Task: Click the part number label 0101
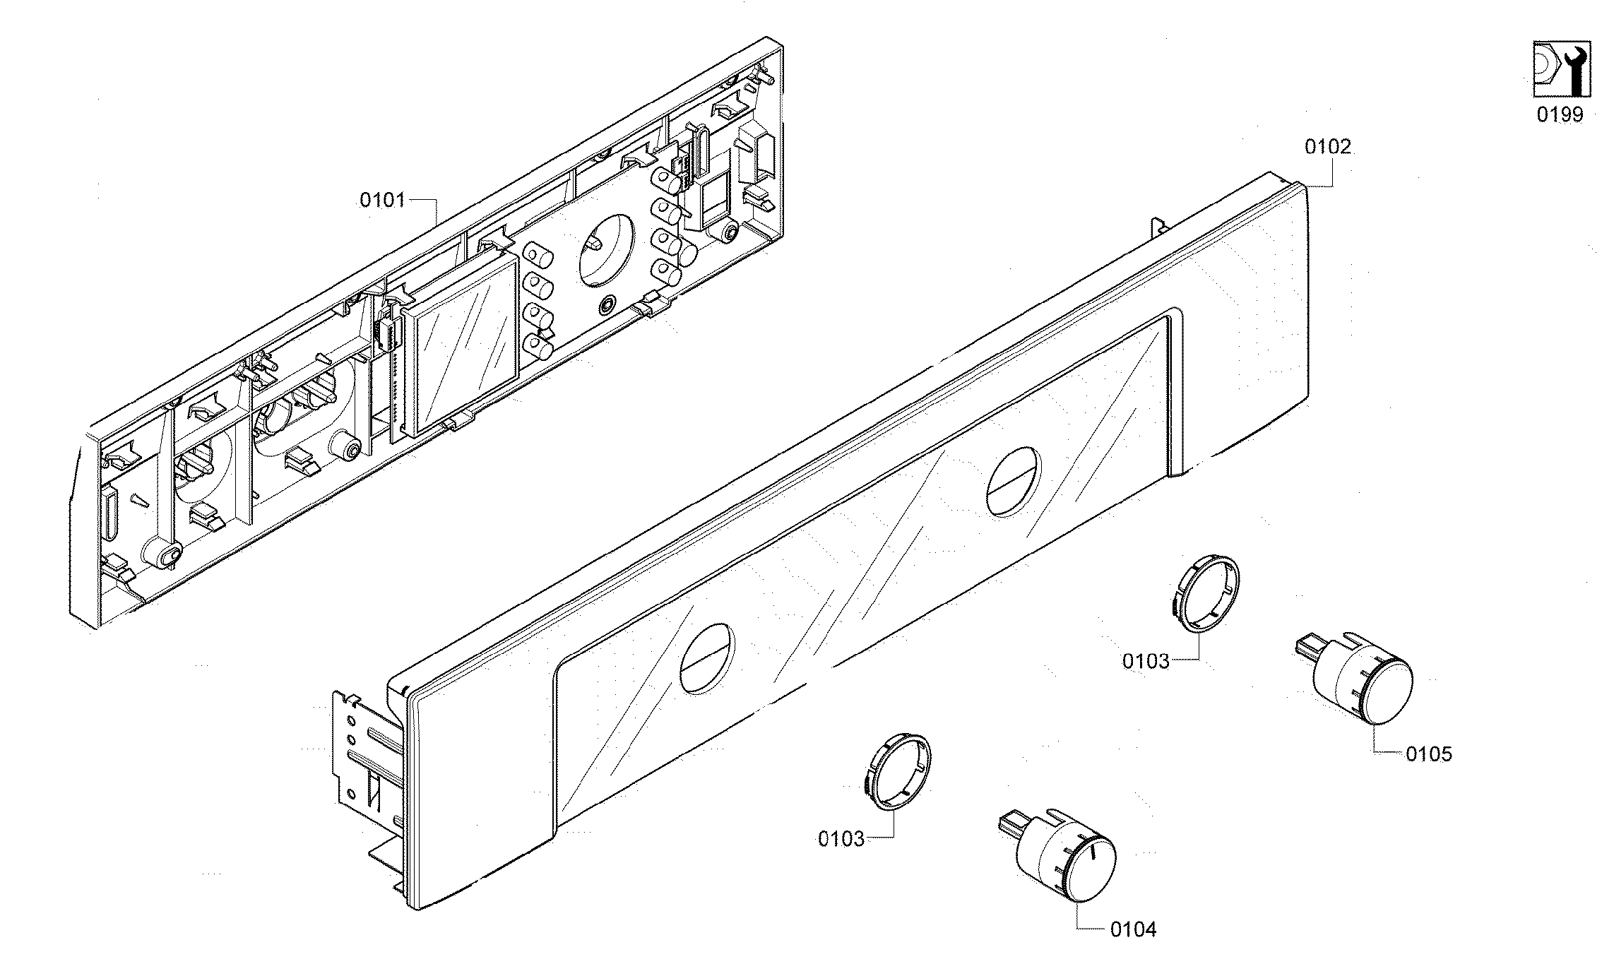[x=382, y=201]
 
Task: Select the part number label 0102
[x=1327, y=147]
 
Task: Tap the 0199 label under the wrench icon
[x=1560, y=114]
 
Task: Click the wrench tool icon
[x=1561, y=69]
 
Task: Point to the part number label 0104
[x=1133, y=929]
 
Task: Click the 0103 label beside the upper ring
[x=1146, y=661]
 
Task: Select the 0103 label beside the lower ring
[x=841, y=839]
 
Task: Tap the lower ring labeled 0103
[x=897, y=770]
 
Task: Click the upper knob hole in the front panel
[x=1013, y=481]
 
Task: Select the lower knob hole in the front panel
[x=707, y=657]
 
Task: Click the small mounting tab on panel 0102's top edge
[x=1158, y=227]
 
